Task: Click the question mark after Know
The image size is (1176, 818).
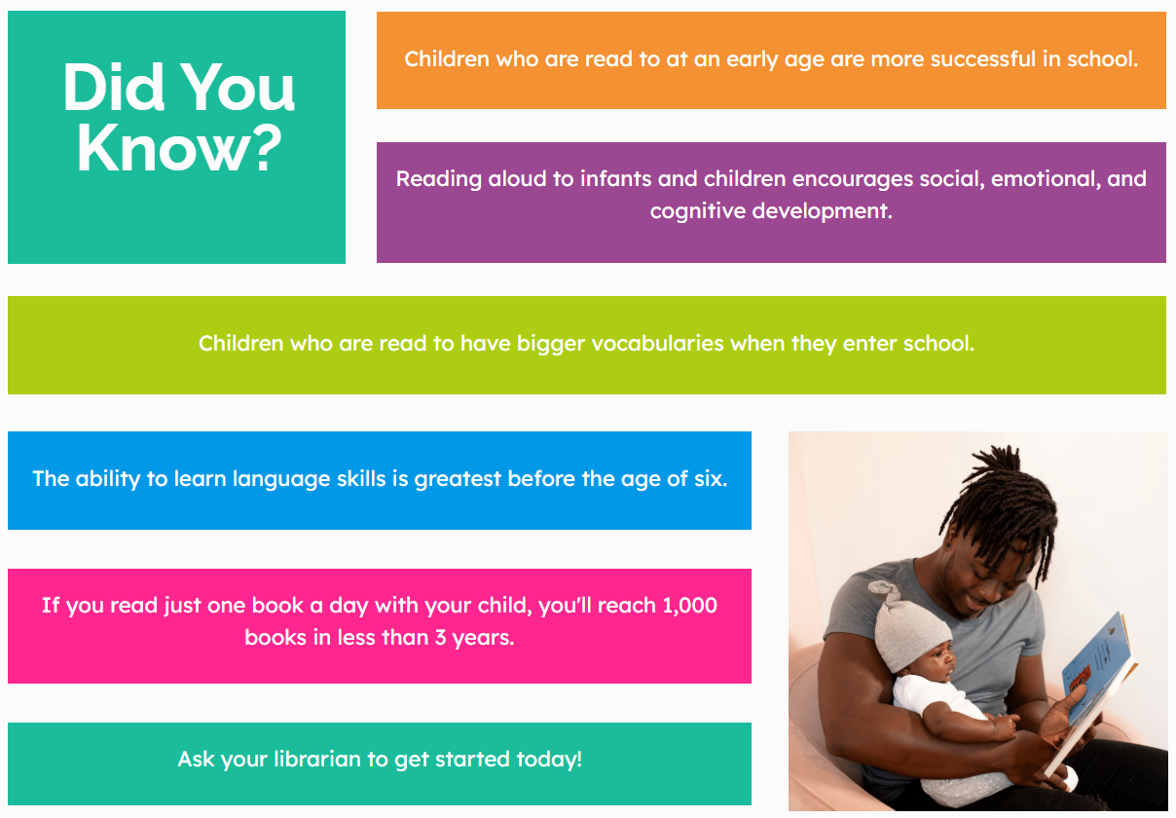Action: tap(263, 148)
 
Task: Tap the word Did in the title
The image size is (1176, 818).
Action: tap(114, 87)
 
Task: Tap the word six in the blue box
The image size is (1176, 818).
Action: tap(711, 479)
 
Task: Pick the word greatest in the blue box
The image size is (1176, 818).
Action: tap(458, 479)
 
